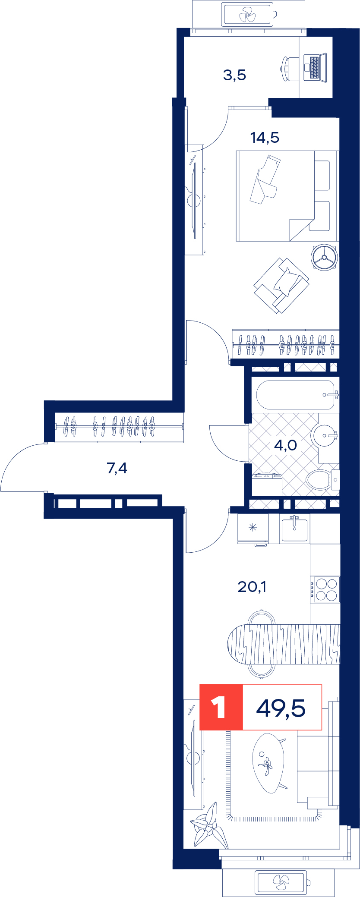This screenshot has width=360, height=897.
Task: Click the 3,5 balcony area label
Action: (x=234, y=75)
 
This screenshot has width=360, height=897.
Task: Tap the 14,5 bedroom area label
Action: (x=265, y=138)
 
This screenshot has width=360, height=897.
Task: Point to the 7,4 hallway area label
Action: (x=117, y=468)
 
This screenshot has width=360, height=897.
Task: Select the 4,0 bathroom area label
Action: (x=285, y=445)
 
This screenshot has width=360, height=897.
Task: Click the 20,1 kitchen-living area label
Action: (x=252, y=586)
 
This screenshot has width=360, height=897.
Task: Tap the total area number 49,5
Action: (x=281, y=708)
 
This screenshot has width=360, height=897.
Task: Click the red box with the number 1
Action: (x=221, y=707)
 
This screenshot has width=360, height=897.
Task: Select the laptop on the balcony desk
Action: (x=315, y=67)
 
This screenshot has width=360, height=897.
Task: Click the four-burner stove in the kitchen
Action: (x=325, y=589)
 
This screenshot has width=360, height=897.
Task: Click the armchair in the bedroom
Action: (x=281, y=285)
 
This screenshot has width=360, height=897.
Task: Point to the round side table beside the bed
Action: (x=325, y=258)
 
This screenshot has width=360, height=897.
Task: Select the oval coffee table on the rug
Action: (x=268, y=763)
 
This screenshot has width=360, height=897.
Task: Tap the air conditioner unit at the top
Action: (x=248, y=15)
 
